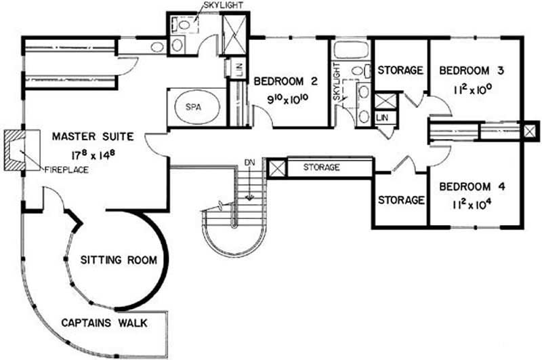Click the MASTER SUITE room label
pos(93,136)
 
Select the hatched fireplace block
pos(15,151)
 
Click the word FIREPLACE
pos(66,169)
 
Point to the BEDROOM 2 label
pos(285,81)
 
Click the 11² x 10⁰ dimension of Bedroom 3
pos(472,89)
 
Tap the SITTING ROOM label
pos(119,260)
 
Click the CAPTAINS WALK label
pos(104,323)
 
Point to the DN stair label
pos(249,162)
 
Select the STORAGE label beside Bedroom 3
pos(400,71)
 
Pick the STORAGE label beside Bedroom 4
pos(401,200)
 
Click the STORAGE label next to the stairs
pos(321,167)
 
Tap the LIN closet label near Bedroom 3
pos(382,117)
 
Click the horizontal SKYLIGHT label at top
pos(224,5)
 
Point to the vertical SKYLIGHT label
pos(337,83)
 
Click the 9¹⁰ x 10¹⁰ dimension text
pos(288,99)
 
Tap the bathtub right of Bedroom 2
pos(351,50)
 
